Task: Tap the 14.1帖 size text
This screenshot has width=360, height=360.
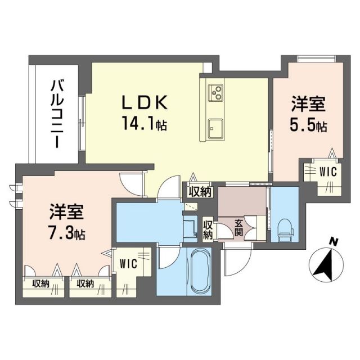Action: pyautogui.click(x=144, y=121)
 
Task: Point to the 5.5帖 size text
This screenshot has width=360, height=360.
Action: pyautogui.click(x=309, y=127)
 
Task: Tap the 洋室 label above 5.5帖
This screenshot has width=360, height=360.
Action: pyautogui.click(x=308, y=105)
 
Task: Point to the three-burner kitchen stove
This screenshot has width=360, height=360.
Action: pyautogui.click(x=216, y=91)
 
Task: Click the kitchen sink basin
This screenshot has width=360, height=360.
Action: pyautogui.click(x=215, y=127)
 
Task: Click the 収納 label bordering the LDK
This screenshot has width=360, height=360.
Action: pyautogui.click(x=200, y=191)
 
